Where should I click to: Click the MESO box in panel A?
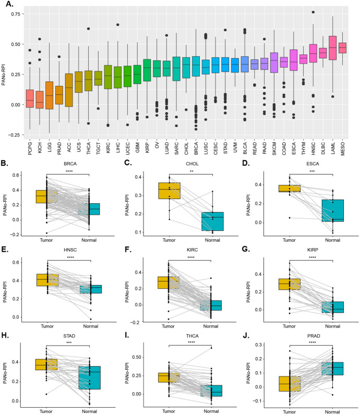pos(342,47)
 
